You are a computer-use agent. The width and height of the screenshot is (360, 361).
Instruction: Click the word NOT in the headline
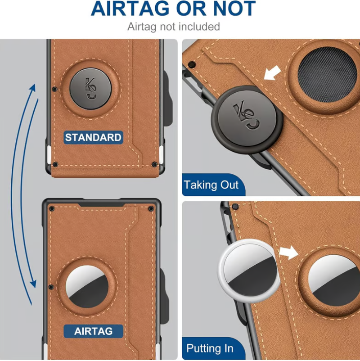(x=232, y=9)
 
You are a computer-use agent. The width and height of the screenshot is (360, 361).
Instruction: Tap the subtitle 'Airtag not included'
(x=174, y=27)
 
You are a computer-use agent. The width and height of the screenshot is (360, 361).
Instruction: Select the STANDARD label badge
(x=93, y=137)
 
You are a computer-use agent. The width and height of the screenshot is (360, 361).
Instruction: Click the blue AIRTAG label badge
(x=93, y=332)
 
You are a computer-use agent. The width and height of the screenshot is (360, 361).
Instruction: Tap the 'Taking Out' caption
(x=211, y=185)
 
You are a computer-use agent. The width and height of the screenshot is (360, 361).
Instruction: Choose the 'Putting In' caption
(x=210, y=348)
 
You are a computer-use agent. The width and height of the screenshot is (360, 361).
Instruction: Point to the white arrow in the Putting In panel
(x=288, y=253)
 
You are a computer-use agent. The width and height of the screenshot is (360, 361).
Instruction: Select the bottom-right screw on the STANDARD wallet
(x=154, y=164)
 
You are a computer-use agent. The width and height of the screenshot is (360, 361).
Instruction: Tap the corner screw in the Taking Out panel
(x=192, y=63)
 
